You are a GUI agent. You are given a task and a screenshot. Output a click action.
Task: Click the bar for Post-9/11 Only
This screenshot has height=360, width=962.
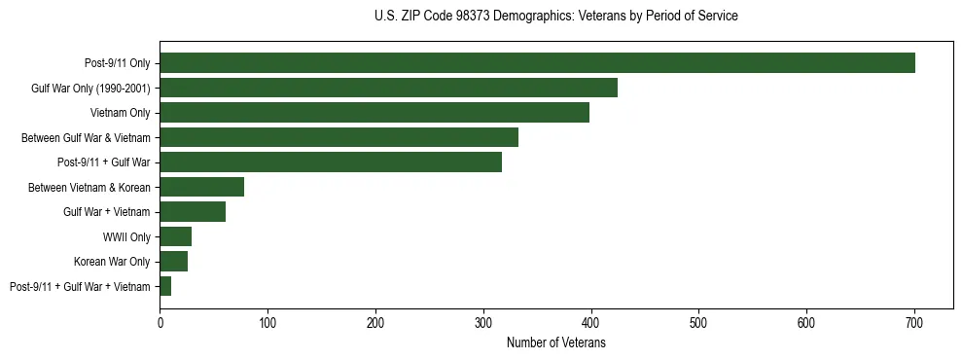tap(537, 63)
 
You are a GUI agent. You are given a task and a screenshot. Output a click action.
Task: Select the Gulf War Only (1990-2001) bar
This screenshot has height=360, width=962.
tap(388, 88)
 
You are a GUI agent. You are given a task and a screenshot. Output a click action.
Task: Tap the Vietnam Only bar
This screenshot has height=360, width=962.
tap(374, 113)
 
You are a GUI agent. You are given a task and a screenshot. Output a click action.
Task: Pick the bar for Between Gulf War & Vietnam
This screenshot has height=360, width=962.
tap(338, 137)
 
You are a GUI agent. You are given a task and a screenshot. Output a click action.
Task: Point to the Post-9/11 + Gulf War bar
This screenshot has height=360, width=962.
tap(331, 162)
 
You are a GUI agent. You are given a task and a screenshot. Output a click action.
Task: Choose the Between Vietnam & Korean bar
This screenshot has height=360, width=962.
tap(201, 187)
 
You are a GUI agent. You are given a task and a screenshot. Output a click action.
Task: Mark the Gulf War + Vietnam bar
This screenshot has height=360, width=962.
tap(193, 212)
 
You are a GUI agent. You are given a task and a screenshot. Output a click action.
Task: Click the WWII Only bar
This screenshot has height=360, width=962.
tap(175, 236)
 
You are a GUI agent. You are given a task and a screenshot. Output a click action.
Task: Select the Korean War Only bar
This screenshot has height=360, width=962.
tap(173, 262)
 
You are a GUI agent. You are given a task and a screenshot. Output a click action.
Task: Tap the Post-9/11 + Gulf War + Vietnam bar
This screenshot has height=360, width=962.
tap(165, 286)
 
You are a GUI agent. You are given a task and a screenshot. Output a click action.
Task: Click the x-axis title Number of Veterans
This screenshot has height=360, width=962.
tap(556, 342)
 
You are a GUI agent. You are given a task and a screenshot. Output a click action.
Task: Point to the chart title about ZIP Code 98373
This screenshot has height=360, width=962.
tap(555, 17)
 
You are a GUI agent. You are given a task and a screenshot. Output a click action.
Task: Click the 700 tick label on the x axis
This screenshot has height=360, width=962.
tap(914, 322)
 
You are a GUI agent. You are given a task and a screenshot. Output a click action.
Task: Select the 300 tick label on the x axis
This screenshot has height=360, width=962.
tap(483, 322)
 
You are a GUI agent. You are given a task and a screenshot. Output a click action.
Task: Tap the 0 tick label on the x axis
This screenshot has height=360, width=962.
tap(160, 322)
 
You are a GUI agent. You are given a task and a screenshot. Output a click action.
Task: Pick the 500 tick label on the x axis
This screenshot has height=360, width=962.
tap(698, 322)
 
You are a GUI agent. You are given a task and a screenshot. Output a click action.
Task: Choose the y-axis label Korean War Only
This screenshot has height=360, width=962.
tap(112, 262)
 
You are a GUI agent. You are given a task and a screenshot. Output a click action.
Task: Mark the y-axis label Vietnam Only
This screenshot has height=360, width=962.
tap(120, 113)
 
